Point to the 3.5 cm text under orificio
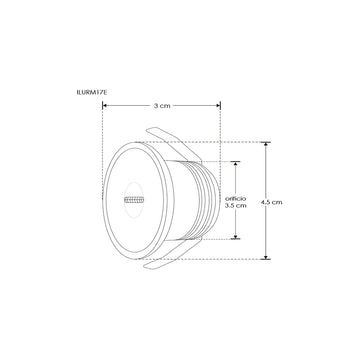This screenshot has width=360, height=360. (234, 205)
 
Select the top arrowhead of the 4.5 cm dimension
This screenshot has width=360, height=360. (267, 143)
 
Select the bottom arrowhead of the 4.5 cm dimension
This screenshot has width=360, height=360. (267, 258)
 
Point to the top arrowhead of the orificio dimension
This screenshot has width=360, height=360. (236, 163)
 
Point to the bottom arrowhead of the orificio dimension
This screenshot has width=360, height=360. (236, 238)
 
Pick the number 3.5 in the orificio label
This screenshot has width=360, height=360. (229, 205)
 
